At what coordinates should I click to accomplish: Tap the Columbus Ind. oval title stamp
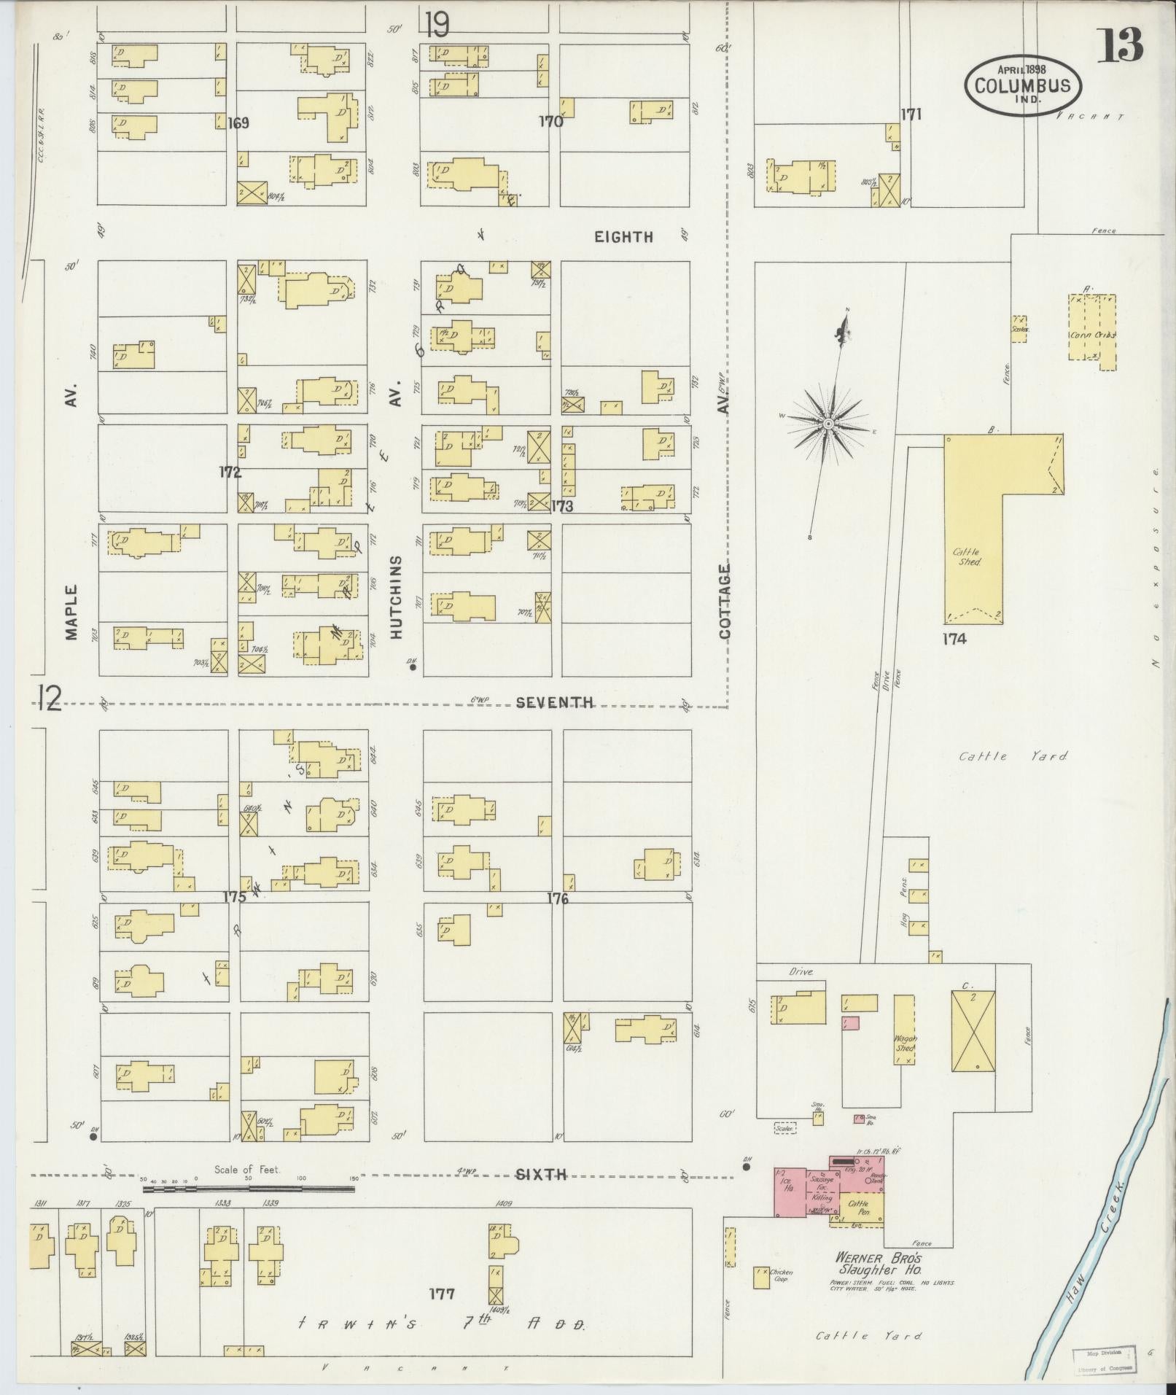[1023, 84]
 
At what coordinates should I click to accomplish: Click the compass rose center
[828, 423]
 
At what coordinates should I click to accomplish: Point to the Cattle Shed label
[968, 557]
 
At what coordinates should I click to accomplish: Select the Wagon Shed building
[905, 1030]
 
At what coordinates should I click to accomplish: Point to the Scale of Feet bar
[248, 1189]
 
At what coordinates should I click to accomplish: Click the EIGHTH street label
[623, 237]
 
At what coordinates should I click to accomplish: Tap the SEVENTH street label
[554, 703]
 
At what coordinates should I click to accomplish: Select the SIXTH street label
[541, 1175]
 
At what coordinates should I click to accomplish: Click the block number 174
[954, 640]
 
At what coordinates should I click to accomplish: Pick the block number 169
[238, 123]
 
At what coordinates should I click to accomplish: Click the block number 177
[442, 1294]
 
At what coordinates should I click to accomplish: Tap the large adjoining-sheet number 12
[49, 699]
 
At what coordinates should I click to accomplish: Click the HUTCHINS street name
[396, 598]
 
